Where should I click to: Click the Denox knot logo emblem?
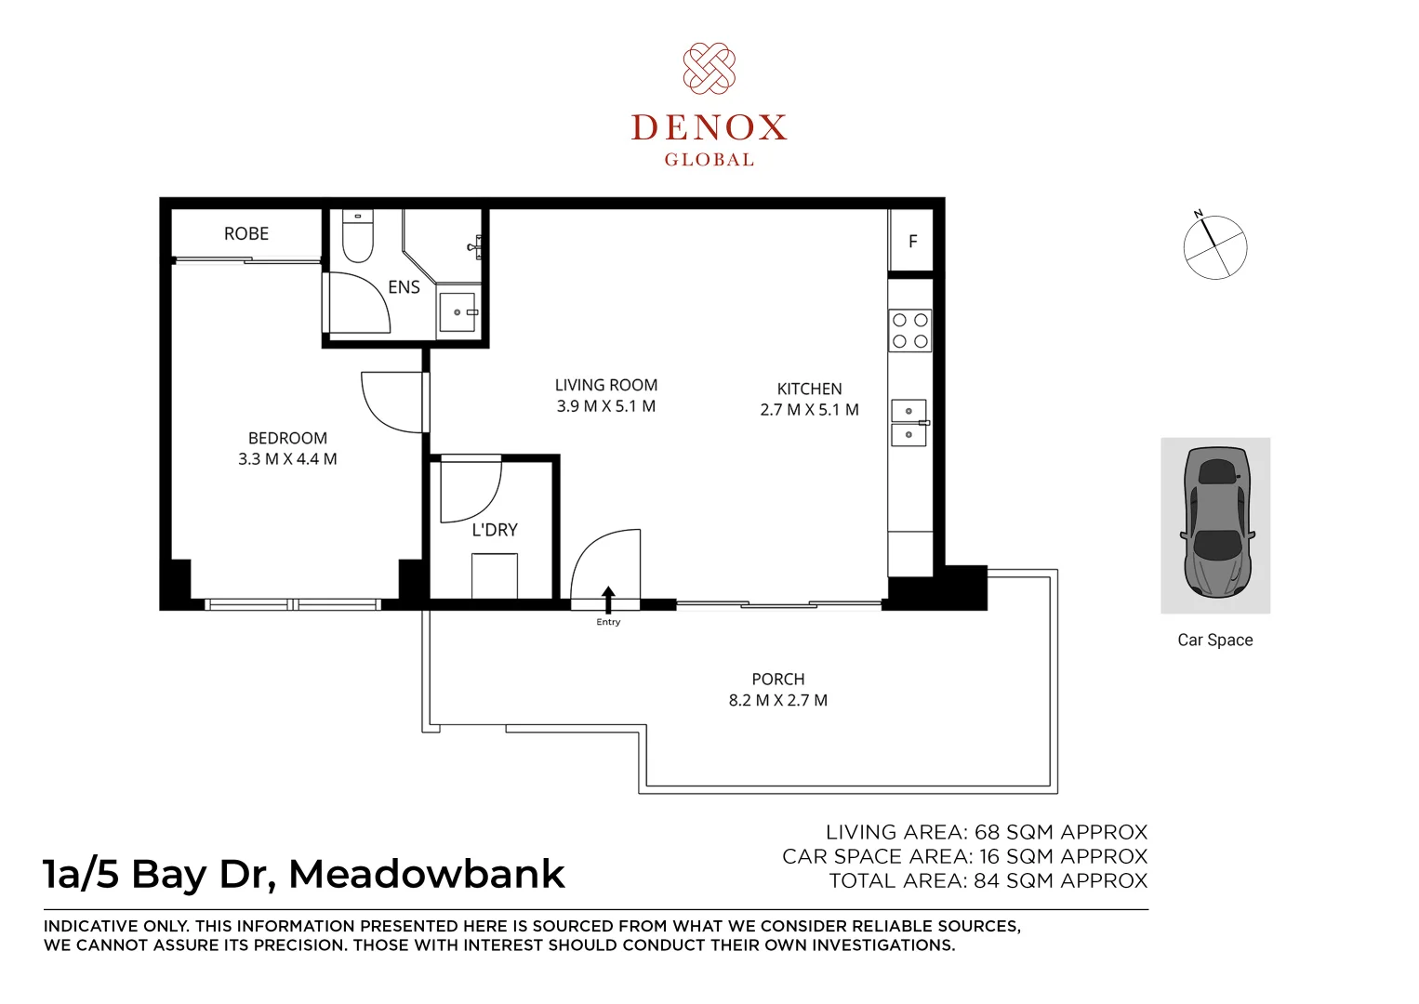709,69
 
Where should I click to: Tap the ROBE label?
246,233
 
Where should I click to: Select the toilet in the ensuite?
358,235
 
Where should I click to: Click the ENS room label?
404,287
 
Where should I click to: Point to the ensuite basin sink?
458,311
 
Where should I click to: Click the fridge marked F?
911,241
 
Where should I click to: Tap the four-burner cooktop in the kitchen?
909,330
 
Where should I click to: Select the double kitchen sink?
909,422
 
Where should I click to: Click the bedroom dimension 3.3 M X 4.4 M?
287,458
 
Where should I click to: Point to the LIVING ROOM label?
606,385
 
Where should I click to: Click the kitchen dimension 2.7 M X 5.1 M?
810,410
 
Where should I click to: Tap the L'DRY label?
495,530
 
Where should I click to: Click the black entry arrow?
608,600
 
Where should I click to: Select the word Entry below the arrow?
608,622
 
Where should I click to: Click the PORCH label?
778,679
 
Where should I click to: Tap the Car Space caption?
1215,640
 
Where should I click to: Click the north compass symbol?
1214,245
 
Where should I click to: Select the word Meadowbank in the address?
426,874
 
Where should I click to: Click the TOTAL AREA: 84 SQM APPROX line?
988,880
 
